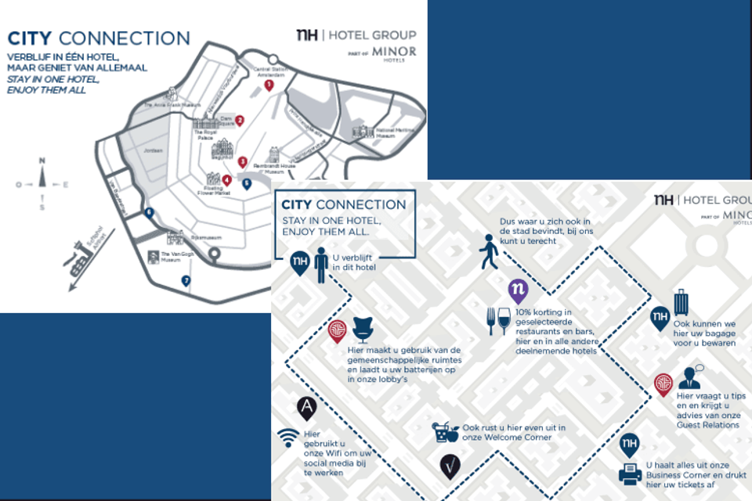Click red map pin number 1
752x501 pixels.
coord(269,85)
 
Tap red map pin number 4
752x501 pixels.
coord(226,180)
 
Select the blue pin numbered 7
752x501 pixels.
coord(186,281)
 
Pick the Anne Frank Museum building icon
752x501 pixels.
coord(148,106)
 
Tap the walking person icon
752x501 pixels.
coord(490,252)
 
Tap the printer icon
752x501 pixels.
coord(631,474)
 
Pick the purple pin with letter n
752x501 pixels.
coord(518,290)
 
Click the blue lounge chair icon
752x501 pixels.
coord(362,330)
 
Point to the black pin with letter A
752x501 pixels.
coord(306,407)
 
